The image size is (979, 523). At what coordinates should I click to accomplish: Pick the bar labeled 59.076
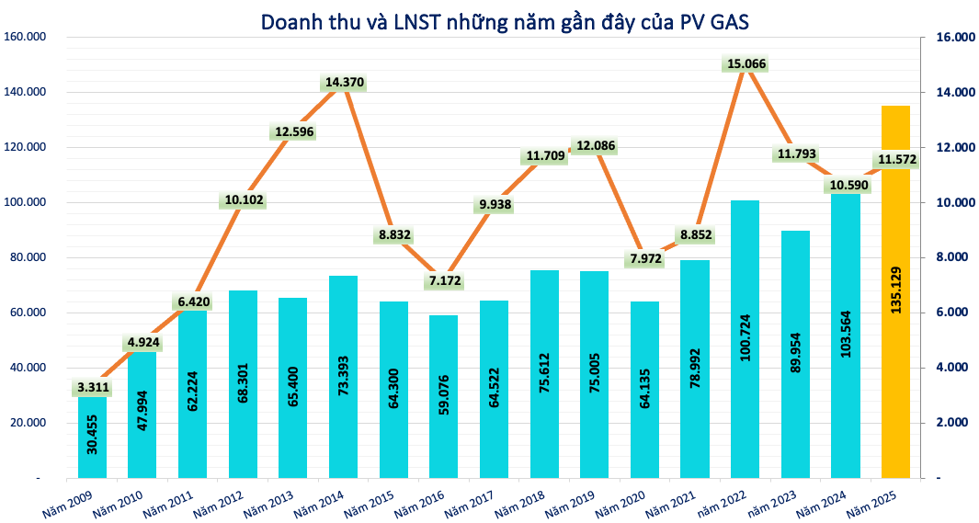coord(444,395)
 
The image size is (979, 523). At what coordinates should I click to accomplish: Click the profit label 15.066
coord(745,64)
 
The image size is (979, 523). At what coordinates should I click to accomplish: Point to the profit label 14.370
coord(344,83)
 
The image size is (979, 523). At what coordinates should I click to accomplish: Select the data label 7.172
coord(444,280)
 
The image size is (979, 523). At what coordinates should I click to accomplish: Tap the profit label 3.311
coord(92,388)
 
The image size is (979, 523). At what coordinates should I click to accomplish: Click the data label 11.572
coord(896,161)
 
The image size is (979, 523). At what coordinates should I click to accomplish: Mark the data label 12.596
coord(294,131)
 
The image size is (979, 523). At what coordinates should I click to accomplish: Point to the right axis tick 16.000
coord(954,38)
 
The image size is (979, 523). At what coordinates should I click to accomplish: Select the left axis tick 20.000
coord(28,424)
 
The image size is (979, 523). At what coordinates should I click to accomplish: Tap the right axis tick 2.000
coord(951,424)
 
